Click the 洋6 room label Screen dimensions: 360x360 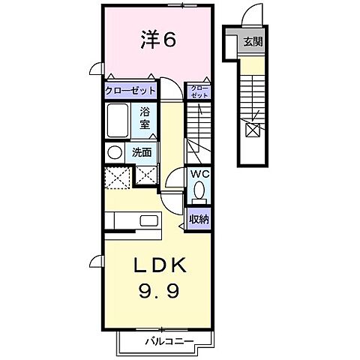coord(157,40)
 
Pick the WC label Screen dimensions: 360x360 coord(198,174)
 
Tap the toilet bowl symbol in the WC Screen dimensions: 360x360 coord(199,193)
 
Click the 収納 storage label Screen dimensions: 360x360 coord(199,219)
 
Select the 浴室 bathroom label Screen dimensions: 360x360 coord(146,120)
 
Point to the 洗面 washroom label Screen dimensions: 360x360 coord(142,151)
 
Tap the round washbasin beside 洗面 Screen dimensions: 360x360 coord(114,151)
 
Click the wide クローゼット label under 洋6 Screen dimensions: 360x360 coord(130,91)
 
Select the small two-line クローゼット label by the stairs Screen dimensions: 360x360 coord(199,91)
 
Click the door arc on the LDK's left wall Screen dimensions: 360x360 coord(96,260)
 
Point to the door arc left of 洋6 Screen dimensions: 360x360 coord(96,69)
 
